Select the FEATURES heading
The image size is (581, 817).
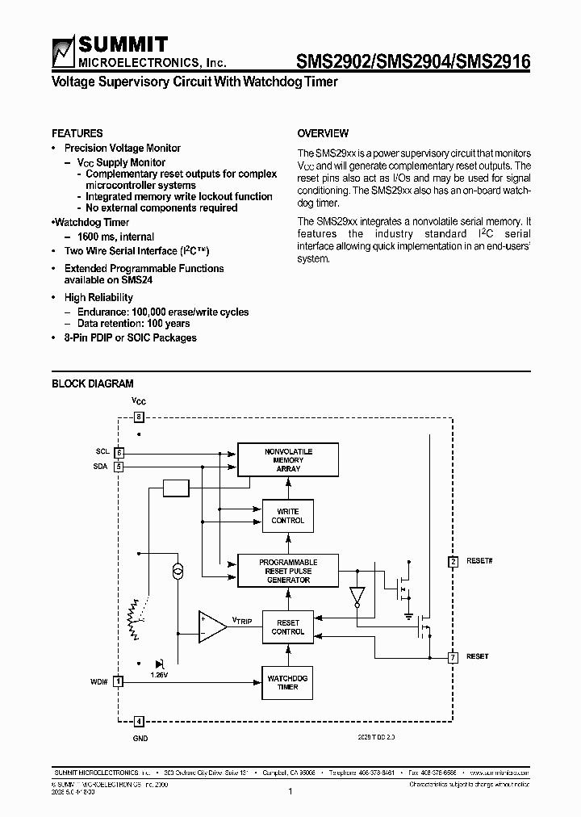pyautogui.click(x=77, y=133)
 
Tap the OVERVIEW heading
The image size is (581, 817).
pyautogui.click(x=323, y=133)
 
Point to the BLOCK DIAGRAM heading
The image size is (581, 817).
pyautogui.click(x=93, y=384)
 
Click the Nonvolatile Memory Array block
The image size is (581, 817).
pyautogui.click(x=288, y=460)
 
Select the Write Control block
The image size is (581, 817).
pyautogui.click(x=288, y=516)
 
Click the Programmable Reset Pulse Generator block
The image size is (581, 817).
pyautogui.click(x=288, y=571)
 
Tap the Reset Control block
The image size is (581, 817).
pyautogui.click(x=288, y=627)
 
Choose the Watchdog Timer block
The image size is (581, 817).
pyautogui.click(x=288, y=683)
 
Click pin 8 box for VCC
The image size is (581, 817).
pyautogui.click(x=139, y=417)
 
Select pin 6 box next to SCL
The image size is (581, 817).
pyautogui.click(x=119, y=453)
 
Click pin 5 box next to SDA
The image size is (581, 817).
pyautogui.click(x=119, y=466)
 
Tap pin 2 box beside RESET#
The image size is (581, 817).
pyautogui.click(x=454, y=561)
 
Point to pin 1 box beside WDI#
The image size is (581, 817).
pyautogui.click(x=119, y=681)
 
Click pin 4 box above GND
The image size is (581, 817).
pyautogui.click(x=139, y=721)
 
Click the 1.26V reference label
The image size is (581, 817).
pyautogui.click(x=160, y=673)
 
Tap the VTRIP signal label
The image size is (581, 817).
pyautogui.click(x=242, y=620)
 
